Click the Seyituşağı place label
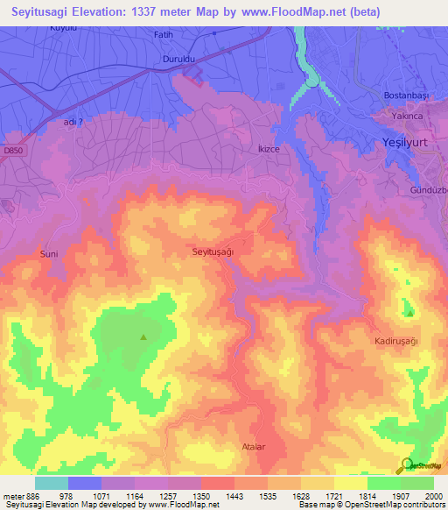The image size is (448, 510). (x=214, y=251)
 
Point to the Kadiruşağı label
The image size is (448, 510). (x=397, y=340)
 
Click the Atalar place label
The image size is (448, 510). (x=253, y=447)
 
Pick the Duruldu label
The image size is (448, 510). (x=179, y=60)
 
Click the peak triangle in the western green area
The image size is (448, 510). (x=143, y=336)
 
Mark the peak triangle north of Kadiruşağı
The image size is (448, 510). (x=409, y=313)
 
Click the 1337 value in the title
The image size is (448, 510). (x=146, y=11)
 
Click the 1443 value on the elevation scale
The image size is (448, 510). (x=234, y=495)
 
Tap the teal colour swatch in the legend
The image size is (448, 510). (x=51, y=483)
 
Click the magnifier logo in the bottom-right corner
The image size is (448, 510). (x=408, y=465)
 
